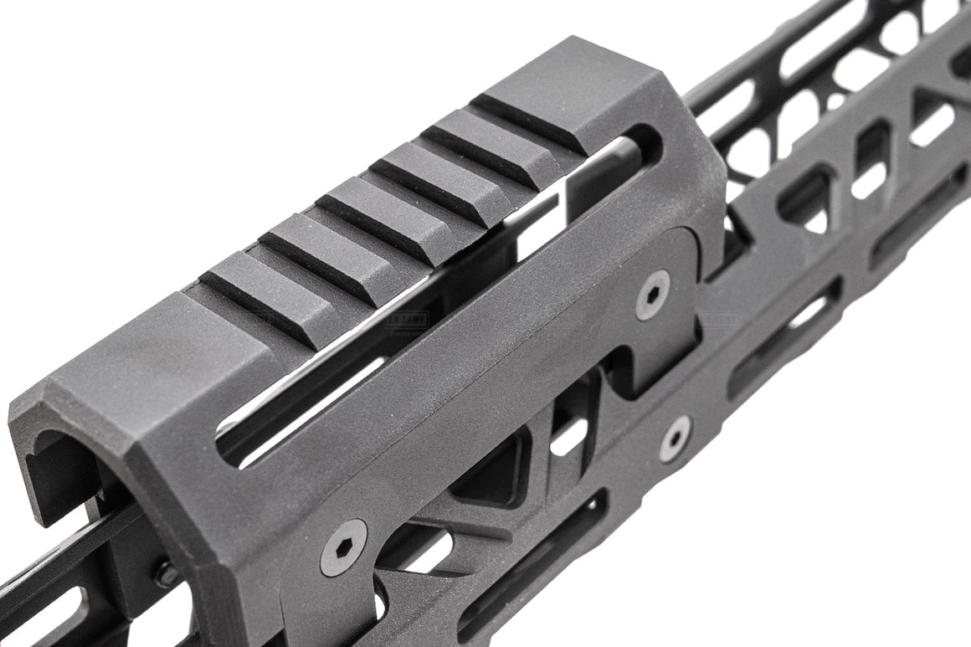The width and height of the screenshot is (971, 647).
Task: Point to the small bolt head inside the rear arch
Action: [165, 574]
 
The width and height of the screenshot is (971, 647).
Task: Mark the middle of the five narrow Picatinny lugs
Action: [372, 213]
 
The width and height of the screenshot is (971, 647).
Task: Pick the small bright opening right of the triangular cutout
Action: [570, 436]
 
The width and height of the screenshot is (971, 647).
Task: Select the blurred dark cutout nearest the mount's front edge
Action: [804, 201]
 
